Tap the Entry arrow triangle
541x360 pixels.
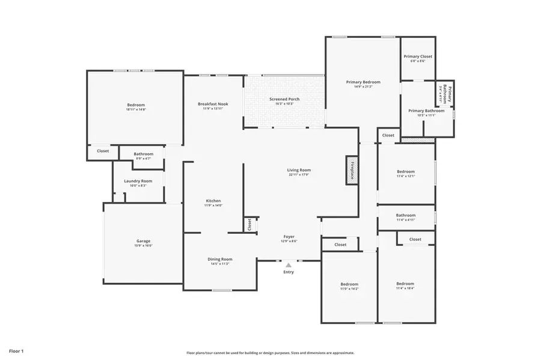pos(289,264)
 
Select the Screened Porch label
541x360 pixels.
pos(284,99)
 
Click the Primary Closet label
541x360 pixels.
pos(417,56)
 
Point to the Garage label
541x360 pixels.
pos(143,241)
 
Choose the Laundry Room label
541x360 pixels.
pos(138,181)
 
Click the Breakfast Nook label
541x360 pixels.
pos(213,104)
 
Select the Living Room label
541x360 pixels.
pos(298,170)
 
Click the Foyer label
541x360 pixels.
pos(289,237)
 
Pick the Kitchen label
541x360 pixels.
pos(213,201)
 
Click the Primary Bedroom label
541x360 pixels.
pos(362,82)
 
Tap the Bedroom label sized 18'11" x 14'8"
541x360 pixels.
pos(136,105)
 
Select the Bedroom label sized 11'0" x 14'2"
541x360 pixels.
pos(349,284)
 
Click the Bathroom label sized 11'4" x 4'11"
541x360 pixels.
pos(406,215)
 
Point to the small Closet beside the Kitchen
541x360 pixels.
pos(249,224)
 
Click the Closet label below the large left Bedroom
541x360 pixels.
pos(103,151)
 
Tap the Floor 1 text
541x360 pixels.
pos(16,350)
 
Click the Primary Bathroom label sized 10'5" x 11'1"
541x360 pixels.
pos(426,111)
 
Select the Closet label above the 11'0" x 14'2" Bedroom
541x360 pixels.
pos(340,245)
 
